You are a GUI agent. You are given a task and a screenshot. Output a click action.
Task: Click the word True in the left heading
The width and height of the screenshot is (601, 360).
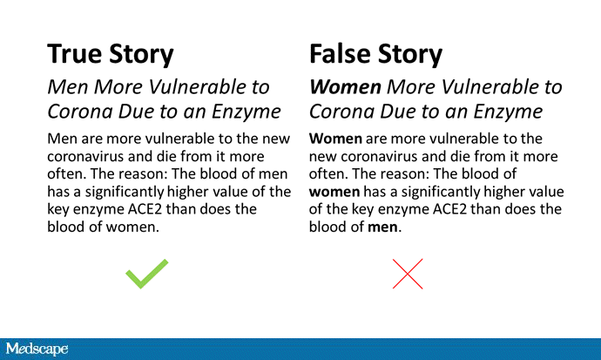[75, 54]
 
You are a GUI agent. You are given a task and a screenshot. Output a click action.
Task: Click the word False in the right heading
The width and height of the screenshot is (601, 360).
[339, 54]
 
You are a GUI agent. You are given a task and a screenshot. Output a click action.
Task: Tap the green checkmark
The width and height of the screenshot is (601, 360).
[147, 274]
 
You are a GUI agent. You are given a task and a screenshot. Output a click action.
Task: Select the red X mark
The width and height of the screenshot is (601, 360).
[408, 274]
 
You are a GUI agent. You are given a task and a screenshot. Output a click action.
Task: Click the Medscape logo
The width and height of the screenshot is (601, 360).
[37, 349]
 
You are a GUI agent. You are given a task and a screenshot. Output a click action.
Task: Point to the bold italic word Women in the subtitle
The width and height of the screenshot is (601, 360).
[345, 87]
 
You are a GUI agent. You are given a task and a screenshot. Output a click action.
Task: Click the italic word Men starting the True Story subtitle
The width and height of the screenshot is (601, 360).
[67, 87]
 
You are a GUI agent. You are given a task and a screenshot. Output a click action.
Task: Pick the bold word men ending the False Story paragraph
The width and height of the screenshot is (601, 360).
[382, 227]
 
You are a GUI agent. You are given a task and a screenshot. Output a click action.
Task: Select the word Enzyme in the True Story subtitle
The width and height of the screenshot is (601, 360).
[246, 112]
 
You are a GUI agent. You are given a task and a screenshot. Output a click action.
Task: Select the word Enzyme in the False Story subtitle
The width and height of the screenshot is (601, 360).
[508, 112]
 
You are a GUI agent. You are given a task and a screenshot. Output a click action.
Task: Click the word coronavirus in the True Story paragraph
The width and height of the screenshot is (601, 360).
[85, 156]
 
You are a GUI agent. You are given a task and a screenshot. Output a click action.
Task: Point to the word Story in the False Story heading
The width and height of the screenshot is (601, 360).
[409, 54]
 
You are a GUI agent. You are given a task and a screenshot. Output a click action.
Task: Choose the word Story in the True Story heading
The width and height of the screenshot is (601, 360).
[141, 54]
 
